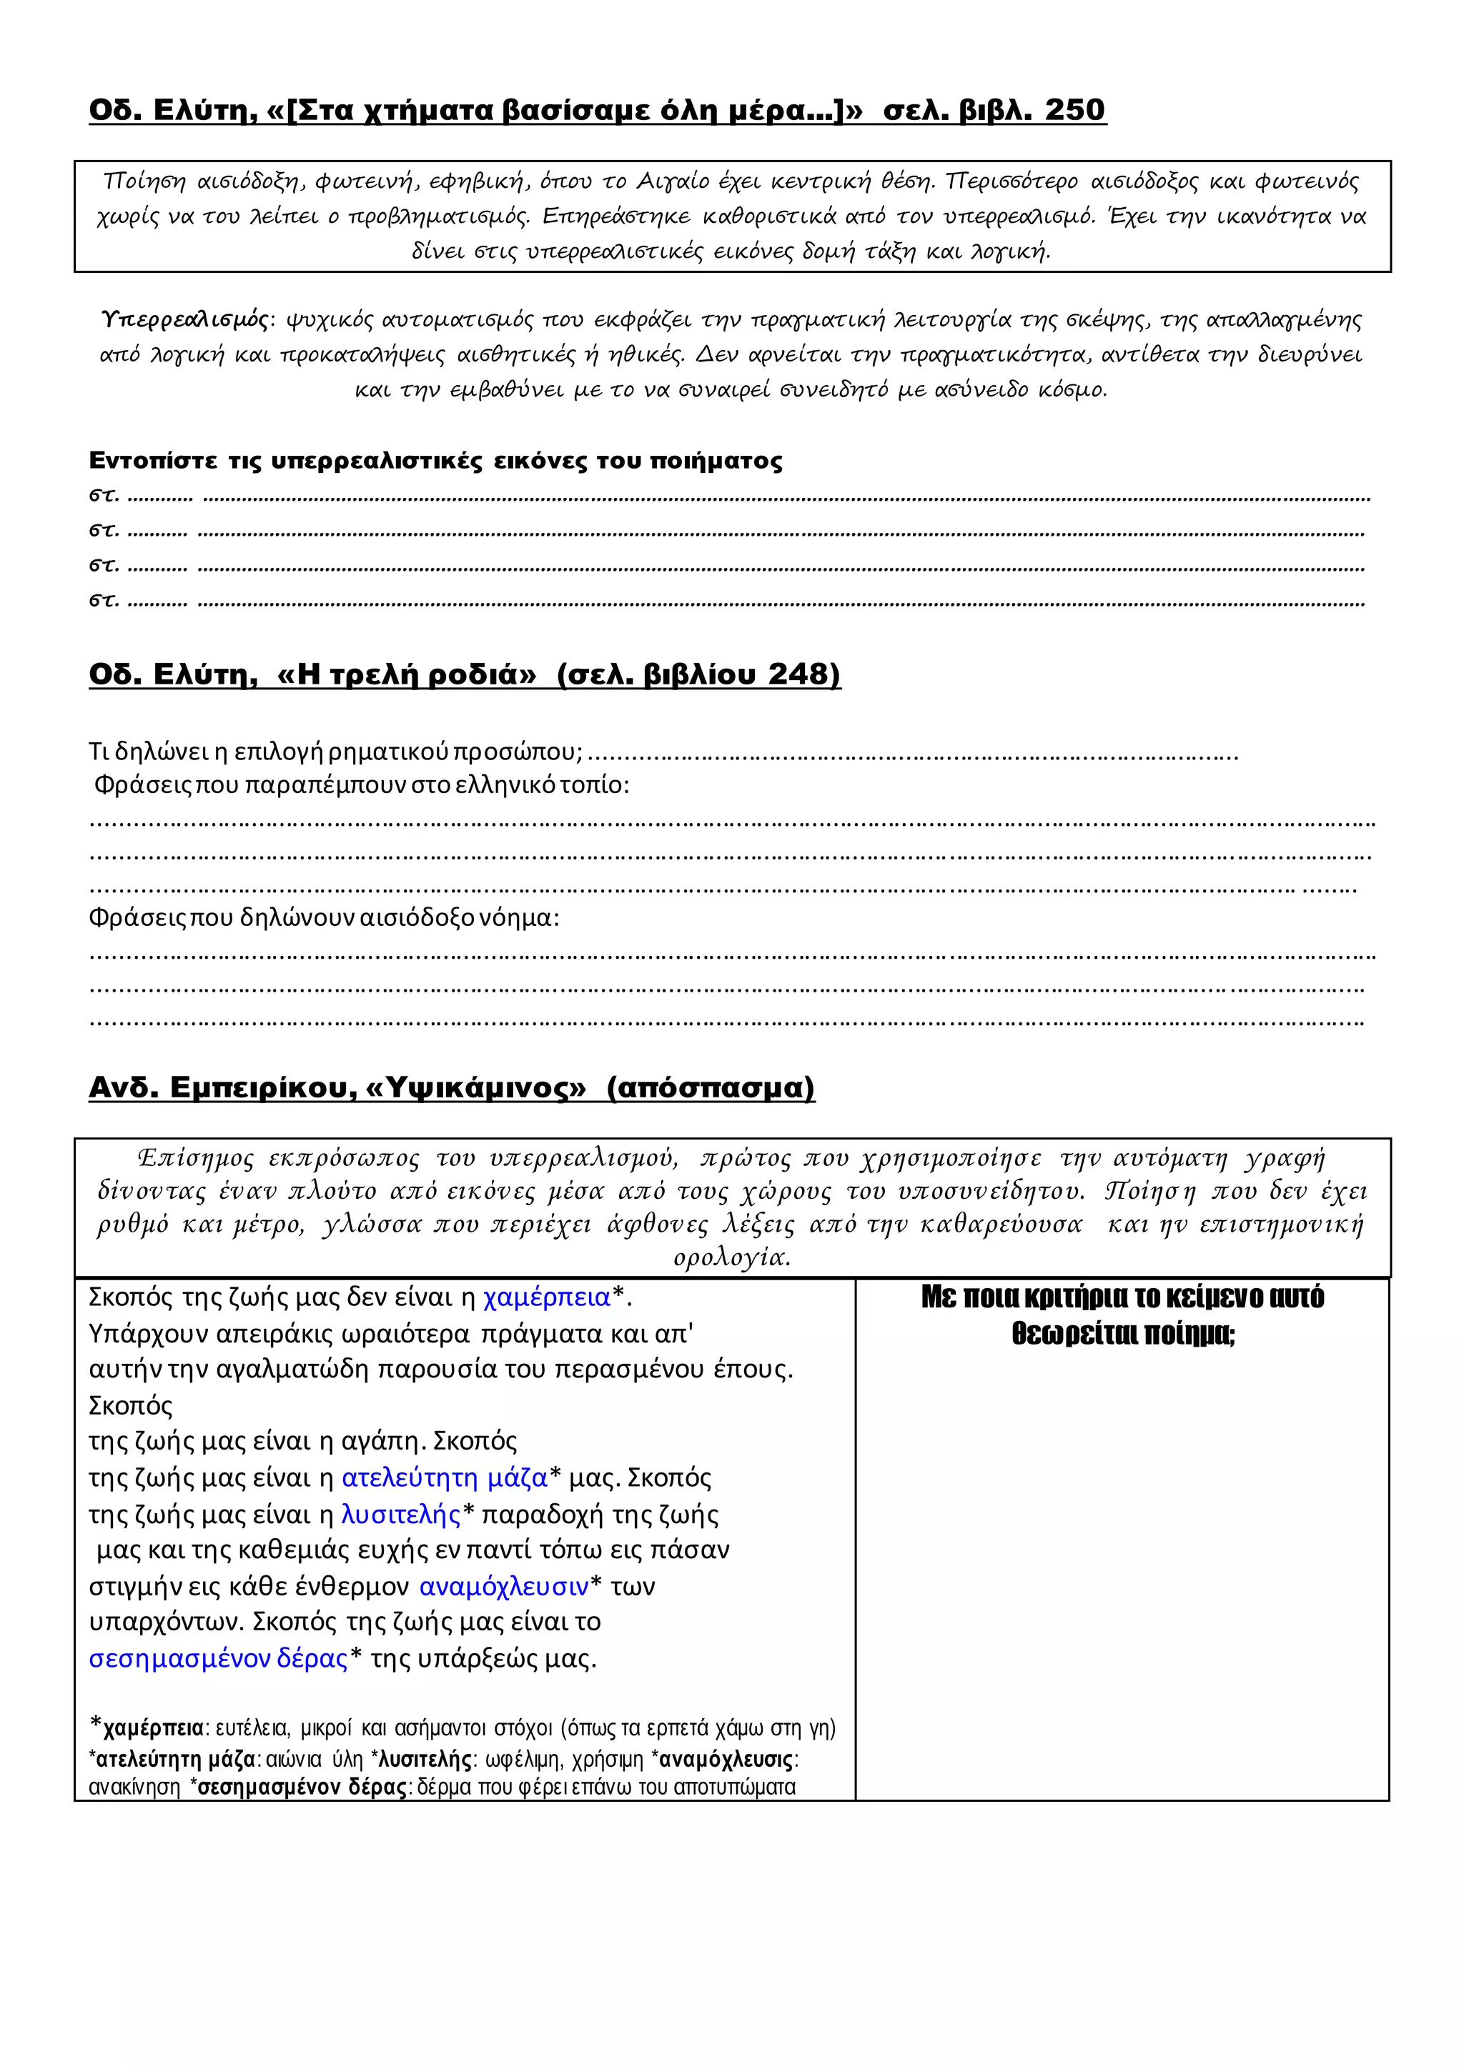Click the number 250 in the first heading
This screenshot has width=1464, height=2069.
coord(1074,110)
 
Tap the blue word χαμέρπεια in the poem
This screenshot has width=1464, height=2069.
coord(546,1297)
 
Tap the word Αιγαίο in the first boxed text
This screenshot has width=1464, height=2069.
coord(673,182)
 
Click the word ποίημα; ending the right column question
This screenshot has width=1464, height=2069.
coord(1190,1334)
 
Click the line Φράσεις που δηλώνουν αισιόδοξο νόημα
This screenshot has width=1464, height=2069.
coord(325,918)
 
